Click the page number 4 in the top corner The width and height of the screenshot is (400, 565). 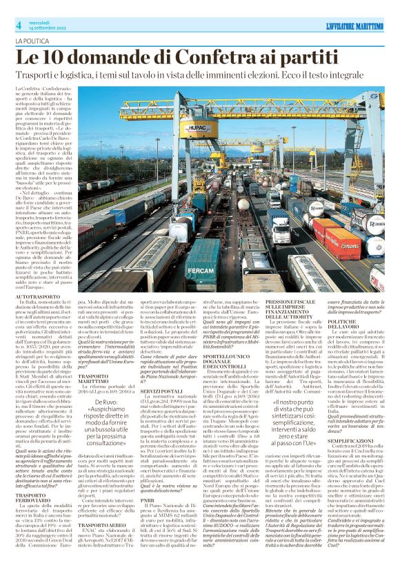[x=19, y=25]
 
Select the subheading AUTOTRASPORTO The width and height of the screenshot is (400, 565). [x=34, y=296]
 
